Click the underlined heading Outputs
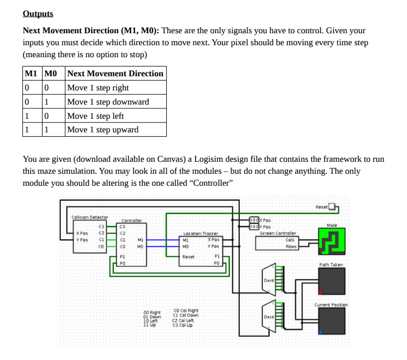click(x=38, y=13)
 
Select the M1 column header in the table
click(x=30, y=74)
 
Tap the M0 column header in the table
click(x=51, y=74)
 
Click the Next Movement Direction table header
click(x=115, y=74)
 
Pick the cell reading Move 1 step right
click(x=98, y=88)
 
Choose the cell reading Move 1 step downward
click(x=108, y=102)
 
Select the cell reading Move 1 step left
click(x=95, y=116)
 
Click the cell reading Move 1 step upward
click(x=103, y=130)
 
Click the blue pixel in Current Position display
click(x=320, y=332)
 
